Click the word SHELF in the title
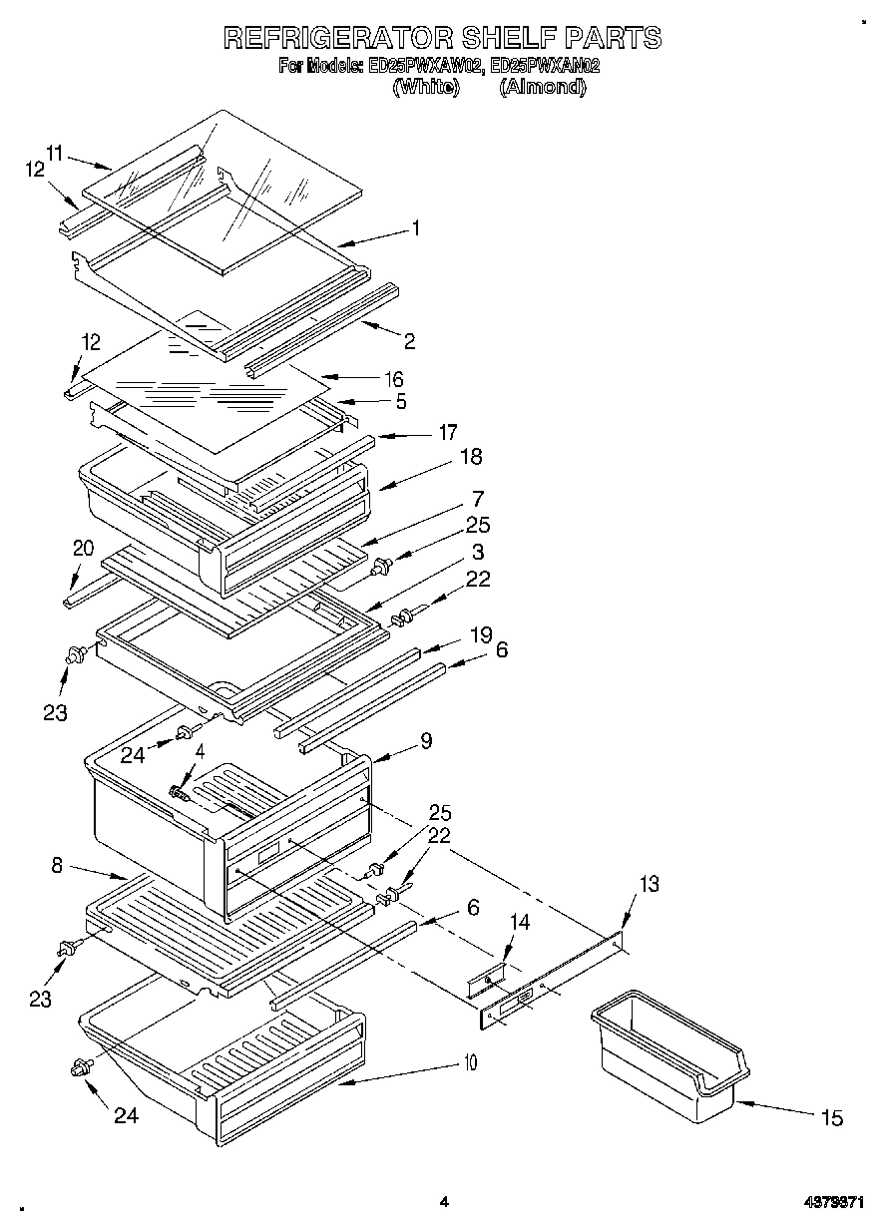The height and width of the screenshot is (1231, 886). click(507, 38)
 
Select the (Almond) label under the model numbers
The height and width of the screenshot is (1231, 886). click(542, 87)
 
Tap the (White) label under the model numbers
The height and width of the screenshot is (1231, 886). click(426, 87)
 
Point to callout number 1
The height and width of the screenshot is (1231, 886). click(415, 228)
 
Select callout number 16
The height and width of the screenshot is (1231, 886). click(394, 378)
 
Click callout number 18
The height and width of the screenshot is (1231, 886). click(471, 456)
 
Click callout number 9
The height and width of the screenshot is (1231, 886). click(426, 740)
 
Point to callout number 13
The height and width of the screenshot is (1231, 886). click(649, 883)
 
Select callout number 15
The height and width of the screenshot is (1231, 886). click(832, 1118)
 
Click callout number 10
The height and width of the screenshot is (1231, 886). click(469, 1062)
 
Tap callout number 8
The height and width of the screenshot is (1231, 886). click(57, 866)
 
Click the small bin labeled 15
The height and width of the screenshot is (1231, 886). click(668, 1052)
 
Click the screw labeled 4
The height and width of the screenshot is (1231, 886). click(181, 792)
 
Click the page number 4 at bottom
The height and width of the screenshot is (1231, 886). click(443, 1202)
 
